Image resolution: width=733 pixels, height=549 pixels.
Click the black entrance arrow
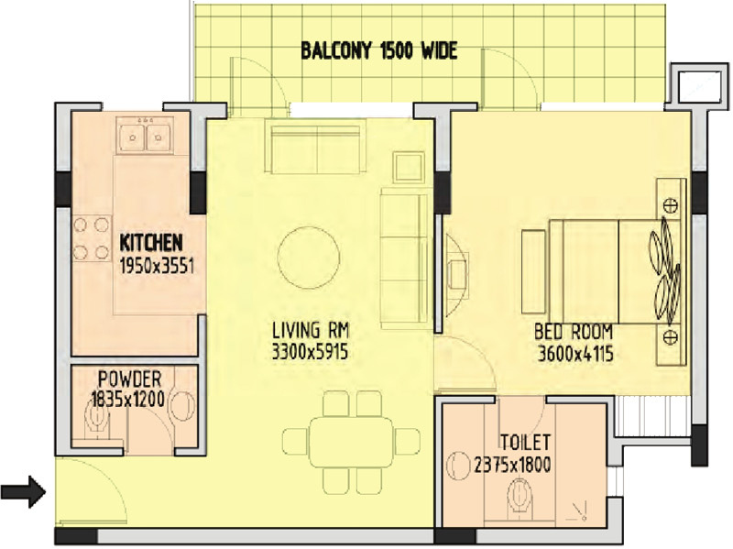click(30, 492)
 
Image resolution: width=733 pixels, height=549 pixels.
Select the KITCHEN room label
click(151, 244)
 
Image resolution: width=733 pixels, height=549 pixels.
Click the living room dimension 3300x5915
click(311, 350)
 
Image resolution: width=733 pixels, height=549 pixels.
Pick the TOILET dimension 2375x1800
click(512, 465)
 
